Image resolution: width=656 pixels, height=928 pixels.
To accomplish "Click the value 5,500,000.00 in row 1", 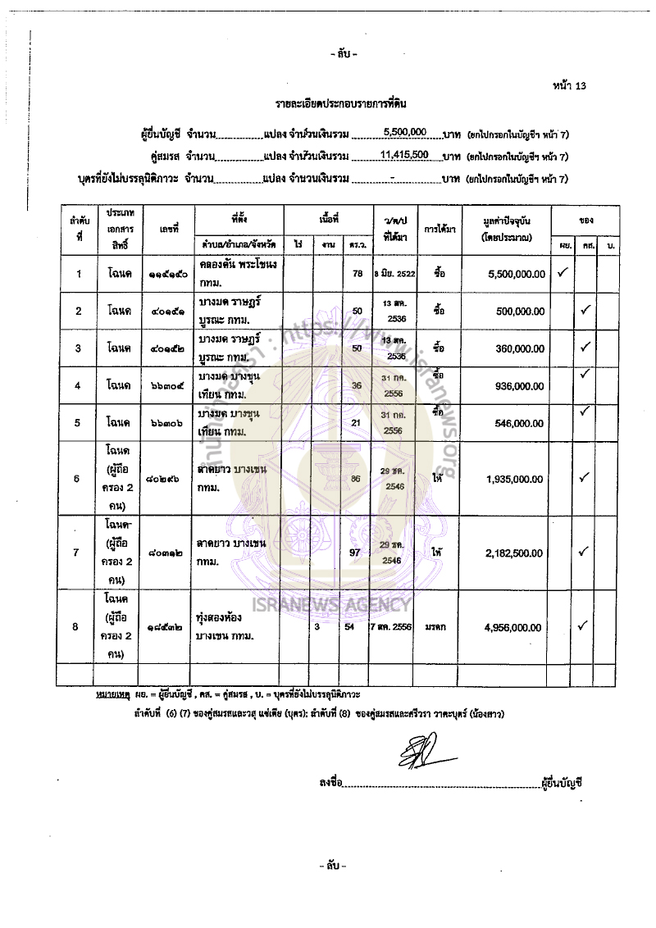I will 516,274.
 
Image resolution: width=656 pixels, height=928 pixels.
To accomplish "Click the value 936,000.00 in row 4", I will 521,386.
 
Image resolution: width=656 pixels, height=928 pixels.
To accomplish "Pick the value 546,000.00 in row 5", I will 521,424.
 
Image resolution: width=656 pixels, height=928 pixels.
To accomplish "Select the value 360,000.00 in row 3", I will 521,348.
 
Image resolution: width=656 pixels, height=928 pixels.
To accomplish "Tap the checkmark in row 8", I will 585,626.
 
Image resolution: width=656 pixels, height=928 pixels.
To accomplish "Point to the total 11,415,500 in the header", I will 405,154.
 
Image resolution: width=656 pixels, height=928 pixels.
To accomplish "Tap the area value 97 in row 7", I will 356,553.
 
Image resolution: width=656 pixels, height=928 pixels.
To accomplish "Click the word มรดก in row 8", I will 435,627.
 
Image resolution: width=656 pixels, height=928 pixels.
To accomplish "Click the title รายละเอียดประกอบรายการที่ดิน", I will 341,105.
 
